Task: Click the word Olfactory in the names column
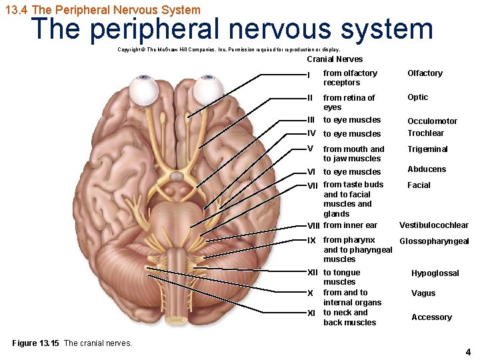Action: coord(425,73)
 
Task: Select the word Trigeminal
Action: coord(427,149)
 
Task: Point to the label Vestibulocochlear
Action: coord(433,225)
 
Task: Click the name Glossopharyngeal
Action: coord(434,241)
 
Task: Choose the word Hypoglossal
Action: coord(435,273)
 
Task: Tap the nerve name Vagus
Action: coord(423,293)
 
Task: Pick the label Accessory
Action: coord(431,317)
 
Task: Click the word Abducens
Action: coord(427,169)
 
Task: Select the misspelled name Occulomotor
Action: coord(433,121)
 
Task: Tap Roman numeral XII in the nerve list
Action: coord(313,273)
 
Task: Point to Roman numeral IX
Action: coord(311,240)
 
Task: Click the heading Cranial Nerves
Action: coord(335,59)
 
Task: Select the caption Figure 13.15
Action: coord(36,343)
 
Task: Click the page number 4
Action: coord(468,352)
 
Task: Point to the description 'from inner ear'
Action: coord(350,225)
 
